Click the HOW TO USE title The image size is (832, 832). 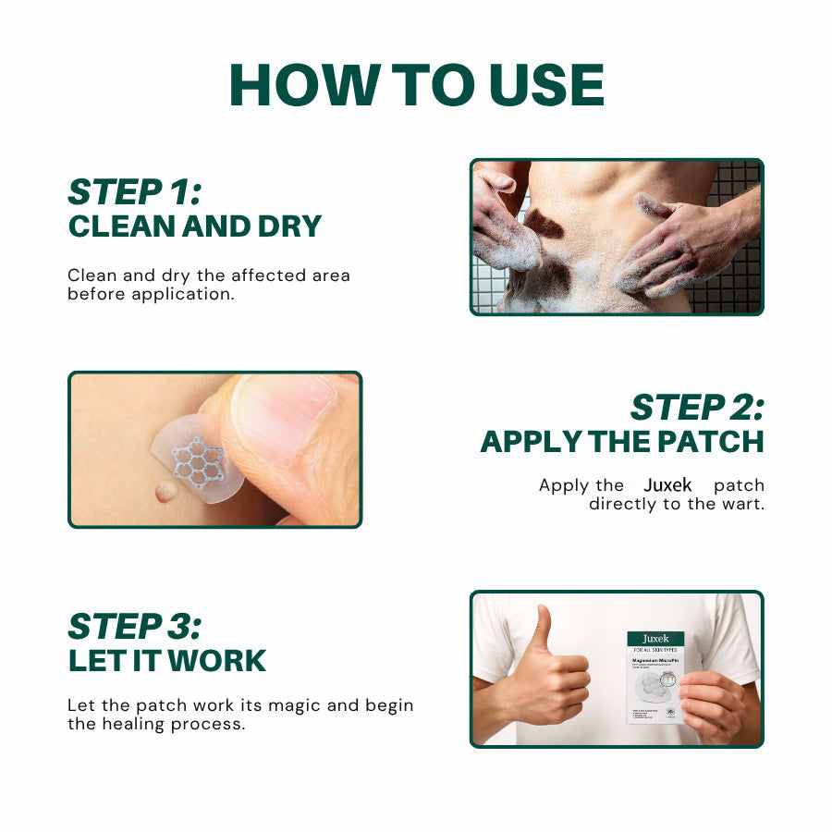416,85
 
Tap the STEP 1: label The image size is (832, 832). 135,191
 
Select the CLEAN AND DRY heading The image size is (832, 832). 194,226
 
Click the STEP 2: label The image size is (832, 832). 697,407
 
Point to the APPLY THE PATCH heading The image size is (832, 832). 622,442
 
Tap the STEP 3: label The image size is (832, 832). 134,626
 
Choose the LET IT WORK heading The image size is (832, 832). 166,661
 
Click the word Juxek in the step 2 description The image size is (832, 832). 667,485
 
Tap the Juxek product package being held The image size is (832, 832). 655,676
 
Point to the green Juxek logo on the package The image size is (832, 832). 655,639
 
